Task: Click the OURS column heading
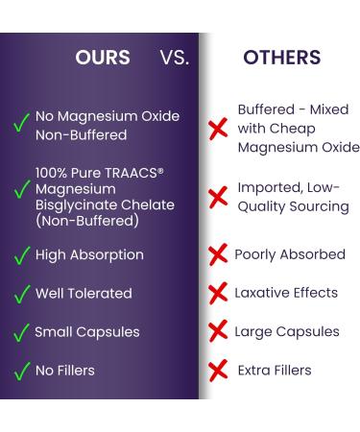point(103,58)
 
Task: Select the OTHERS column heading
point(282,58)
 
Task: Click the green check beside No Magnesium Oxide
point(19,126)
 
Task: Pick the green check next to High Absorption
point(20,256)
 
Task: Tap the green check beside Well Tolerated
point(20,294)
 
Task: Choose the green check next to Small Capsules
point(20,332)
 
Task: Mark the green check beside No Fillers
point(20,370)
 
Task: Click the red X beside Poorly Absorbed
point(218,255)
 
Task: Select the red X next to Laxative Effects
point(218,294)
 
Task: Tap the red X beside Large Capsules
point(218,332)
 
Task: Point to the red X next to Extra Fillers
point(219,370)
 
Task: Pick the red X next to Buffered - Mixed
point(218,128)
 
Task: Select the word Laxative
point(263,293)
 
